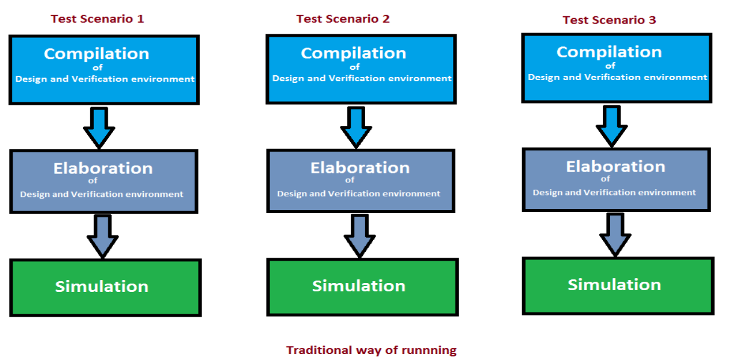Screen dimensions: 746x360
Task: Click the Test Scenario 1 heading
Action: point(97,19)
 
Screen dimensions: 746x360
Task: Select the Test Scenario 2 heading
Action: point(343,19)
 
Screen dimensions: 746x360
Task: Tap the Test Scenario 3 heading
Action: point(609,20)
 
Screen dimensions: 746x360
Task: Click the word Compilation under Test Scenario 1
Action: point(97,54)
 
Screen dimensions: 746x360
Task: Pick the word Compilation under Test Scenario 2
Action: point(354,54)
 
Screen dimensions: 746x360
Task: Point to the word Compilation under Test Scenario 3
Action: point(609,52)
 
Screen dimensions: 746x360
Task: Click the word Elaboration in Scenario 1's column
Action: point(103,169)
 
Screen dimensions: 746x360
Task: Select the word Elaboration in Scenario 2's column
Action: point(360,168)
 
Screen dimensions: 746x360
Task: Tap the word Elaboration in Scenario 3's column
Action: point(616,167)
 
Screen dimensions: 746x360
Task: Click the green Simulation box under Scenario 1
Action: point(105,288)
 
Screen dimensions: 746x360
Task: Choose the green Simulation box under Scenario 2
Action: point(362,287)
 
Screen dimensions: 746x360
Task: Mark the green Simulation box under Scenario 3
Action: point(618,286)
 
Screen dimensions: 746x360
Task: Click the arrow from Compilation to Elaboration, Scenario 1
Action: point(99,128)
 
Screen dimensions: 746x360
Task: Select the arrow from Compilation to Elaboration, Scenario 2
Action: point(356,127)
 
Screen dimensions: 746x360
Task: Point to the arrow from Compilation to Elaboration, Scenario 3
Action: point(612,126)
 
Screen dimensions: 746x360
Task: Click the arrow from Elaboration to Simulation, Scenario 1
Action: point(102,237)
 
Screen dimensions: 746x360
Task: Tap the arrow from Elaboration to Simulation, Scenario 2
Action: point(360,235)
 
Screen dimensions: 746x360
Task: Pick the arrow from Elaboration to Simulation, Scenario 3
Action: point(615,235)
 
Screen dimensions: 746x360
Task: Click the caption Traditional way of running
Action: point(371,350)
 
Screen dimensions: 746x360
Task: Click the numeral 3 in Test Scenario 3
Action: point(652,20)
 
